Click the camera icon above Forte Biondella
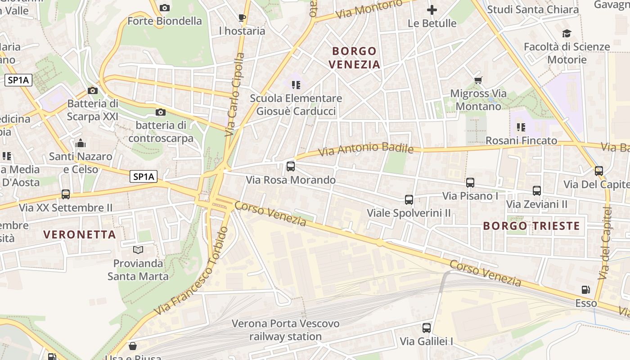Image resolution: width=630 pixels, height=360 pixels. pos(165,8)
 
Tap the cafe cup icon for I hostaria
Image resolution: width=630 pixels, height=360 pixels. pos(242,18)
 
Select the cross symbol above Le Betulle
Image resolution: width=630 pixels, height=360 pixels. pos(432,9)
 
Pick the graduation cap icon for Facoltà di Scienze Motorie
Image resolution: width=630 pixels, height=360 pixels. pos(567,34)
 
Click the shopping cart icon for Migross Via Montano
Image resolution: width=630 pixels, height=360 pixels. pos(478,81)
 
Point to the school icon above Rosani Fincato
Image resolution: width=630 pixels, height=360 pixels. pos(521,127)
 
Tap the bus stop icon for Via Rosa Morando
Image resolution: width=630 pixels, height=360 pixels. pos(291,166)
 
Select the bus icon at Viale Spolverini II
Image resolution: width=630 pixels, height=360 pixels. pos(409,200)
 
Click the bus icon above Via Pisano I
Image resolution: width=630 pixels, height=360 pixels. pos(470,183)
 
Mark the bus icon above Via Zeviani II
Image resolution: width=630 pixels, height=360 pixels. pos(537,191)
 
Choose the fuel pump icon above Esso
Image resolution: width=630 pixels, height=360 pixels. pos(586,290)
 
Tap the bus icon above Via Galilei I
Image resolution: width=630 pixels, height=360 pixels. pos(427,328)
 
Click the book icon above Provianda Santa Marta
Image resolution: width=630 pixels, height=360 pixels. pos(138,250)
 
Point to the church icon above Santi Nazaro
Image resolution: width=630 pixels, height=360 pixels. pos(81,144)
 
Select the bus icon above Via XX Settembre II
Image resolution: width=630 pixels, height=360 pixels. pos(66,194)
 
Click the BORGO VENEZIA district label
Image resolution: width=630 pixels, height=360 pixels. pos(355,58)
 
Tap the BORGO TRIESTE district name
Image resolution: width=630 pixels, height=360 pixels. pos(531,226)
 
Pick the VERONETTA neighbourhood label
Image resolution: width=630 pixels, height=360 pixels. pos(80,234)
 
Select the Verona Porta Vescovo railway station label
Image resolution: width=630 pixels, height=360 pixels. pos(285,330)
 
